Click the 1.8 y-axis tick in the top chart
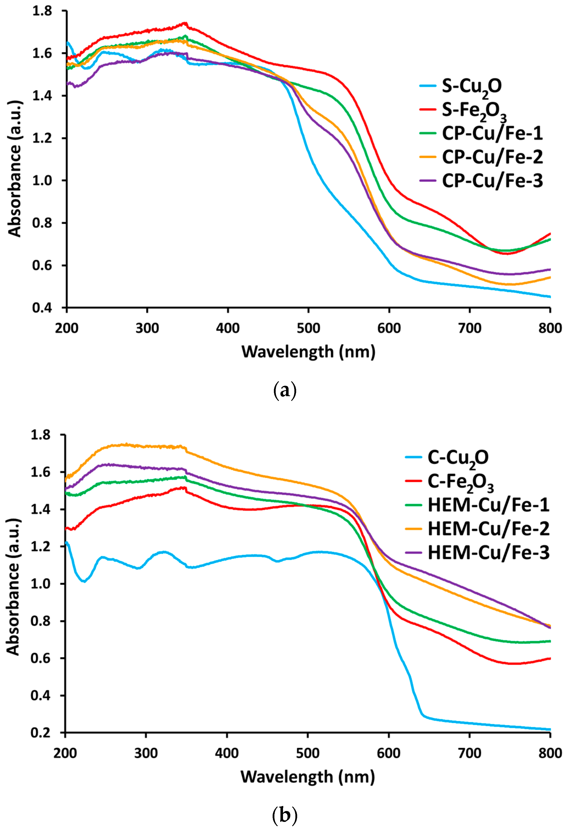[42, 11]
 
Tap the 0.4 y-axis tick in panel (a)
[42, 308]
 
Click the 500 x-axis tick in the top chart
[308, 328]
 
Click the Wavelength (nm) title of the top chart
[308, 352]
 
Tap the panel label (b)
[285, 815]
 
